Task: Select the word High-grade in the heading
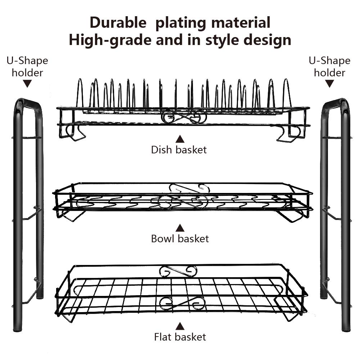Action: point(109,40)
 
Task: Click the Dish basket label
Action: point(179,150)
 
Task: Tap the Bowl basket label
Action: point(180,239)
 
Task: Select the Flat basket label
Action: point(180,337)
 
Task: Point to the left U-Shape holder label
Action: point(27,67)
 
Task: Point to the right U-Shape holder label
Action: point(329,67)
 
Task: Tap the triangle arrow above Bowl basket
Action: point(180,228)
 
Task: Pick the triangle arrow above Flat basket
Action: point(180,326)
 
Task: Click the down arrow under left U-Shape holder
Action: point(27,84)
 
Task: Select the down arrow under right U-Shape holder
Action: point(329,84)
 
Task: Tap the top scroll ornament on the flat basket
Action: point(179,270)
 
